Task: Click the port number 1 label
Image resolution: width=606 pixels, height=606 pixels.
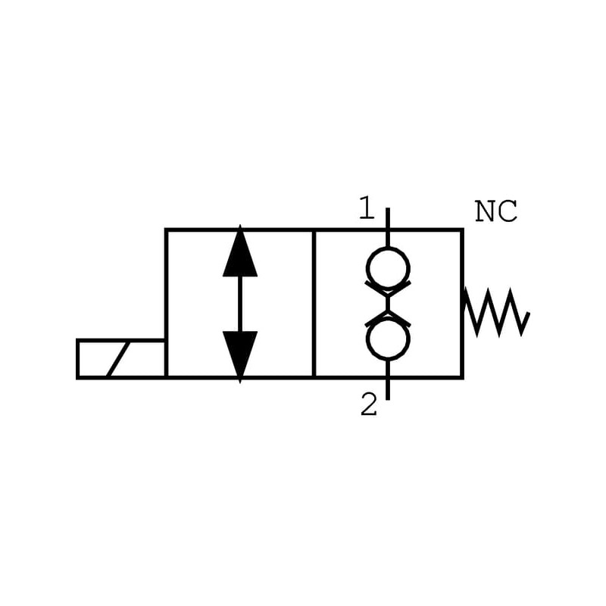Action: (x=367, y=208)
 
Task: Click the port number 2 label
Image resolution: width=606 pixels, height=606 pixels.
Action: (x=369, y=406)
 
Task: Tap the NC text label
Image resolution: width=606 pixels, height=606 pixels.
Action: (x=496, y=212)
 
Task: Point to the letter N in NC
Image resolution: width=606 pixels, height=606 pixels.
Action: (x=486, y=212)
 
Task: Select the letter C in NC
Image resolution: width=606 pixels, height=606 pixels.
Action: (x=508, y=212)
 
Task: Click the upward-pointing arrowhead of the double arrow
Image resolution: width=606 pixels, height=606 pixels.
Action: (x=240, y=253)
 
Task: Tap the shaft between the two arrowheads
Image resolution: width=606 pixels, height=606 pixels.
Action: (x=240, y=303)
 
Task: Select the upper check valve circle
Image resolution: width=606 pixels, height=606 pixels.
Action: (x=388, y=268)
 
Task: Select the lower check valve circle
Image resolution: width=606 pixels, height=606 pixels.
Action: (x=388, y=339)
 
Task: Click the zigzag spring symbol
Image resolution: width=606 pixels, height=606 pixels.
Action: (x=496, y=311)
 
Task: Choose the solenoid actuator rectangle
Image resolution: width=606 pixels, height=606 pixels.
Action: (x=121, y=358)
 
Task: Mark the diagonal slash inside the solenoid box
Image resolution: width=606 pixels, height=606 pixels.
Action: (x=117, y=359)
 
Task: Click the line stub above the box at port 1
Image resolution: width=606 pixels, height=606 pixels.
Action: (x=388, y=218)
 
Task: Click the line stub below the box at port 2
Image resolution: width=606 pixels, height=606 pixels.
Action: (x=388, y=388)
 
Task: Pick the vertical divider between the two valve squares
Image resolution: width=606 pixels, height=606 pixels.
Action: (x=314, y=303)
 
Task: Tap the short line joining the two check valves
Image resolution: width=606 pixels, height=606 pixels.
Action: (x=388, y=304)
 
